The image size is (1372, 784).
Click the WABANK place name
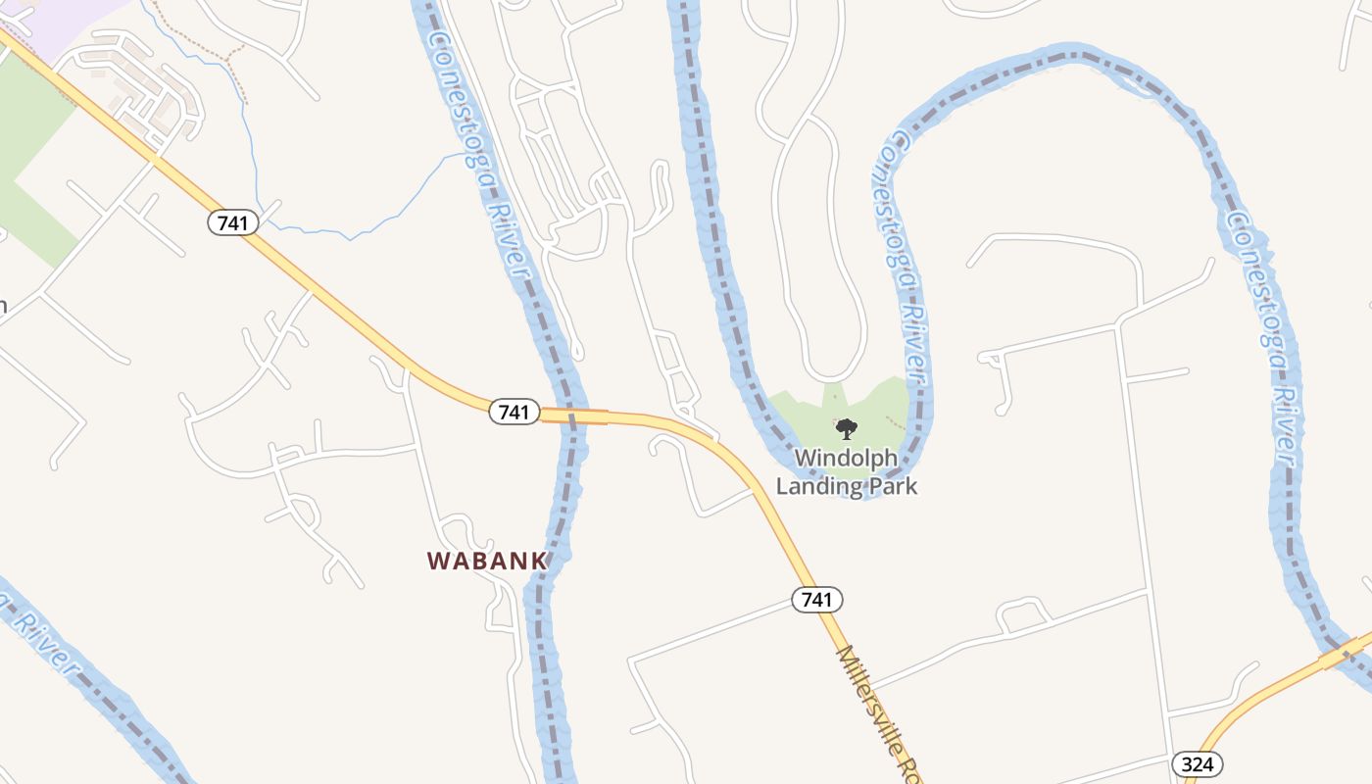[486, 561]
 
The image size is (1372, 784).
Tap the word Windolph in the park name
[846, 458]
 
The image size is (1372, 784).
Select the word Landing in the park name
[818, 485]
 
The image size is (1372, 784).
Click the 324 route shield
[1198, 764]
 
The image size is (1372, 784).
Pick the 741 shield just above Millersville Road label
[817, 600]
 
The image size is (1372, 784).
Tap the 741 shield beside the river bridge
[514, 413]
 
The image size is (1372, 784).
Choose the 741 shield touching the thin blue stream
[233, 223]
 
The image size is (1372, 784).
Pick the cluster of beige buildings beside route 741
[147, 93]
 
